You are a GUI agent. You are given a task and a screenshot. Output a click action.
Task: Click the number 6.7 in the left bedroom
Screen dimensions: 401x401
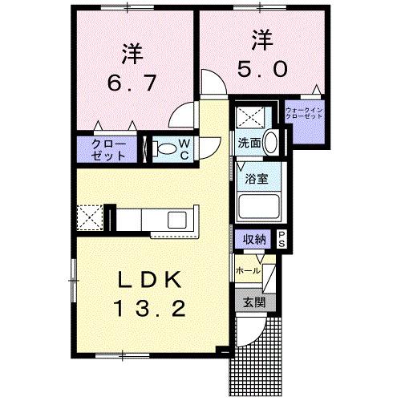[x=132, y=81]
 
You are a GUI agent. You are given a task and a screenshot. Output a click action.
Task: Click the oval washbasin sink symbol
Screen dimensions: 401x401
[x=271, y=144]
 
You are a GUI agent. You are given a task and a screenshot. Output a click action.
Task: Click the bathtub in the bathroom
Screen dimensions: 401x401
[x=260, y=207]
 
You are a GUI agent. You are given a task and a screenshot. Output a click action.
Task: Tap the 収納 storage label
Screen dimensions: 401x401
[x=255, y=238]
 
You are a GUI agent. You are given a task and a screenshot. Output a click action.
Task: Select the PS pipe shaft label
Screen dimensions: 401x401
[x=282, y=238]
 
